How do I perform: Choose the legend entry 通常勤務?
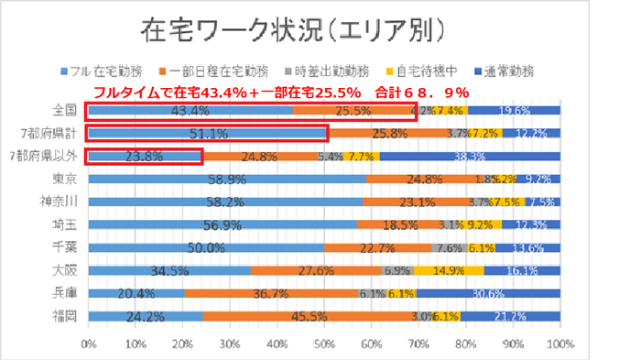click(x=503, y=70)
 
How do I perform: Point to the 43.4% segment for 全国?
click(x=190, y=111)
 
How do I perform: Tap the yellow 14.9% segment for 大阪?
click(x=448, y=270)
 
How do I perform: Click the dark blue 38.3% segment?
click(x=470, y=157)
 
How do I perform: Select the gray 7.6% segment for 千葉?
click(x=450, y=247)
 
